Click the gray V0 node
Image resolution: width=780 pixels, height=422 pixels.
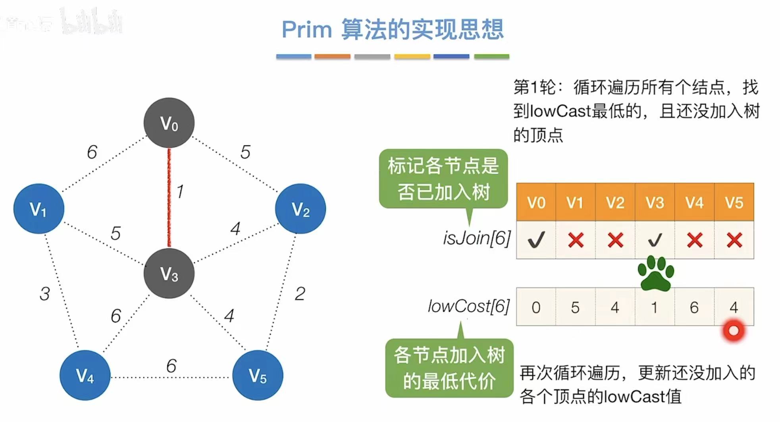click(169, 123)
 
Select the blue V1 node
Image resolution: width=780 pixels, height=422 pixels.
click(39, 209)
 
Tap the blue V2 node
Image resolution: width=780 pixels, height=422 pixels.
click(300, 209)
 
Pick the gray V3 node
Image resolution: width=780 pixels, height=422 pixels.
click(169, 273)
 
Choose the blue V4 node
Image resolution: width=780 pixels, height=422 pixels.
click(85, 375)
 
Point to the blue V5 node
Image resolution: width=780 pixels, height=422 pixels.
click(258, 375)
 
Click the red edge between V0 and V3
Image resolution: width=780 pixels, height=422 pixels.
click(169, 198)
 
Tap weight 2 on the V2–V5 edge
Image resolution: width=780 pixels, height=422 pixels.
click(300, 294)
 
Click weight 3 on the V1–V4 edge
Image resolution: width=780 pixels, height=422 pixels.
click(45, 294)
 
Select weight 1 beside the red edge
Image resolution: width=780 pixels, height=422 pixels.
click(180, 192)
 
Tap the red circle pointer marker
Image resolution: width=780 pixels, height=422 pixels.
click(734, 330)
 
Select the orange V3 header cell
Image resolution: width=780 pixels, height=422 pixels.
click(655, 203)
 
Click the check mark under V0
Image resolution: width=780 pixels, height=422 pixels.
click(536, 240)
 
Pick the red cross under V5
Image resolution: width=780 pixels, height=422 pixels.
click(734, 240)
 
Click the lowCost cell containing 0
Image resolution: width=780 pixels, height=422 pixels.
click(536, 307)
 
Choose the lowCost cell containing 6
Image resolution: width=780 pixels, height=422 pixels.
click(694, 307)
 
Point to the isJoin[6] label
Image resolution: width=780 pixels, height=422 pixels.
click(477, 238)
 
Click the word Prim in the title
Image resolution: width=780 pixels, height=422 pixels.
click(306, 30)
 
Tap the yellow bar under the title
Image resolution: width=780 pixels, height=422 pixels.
click(412, 57)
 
